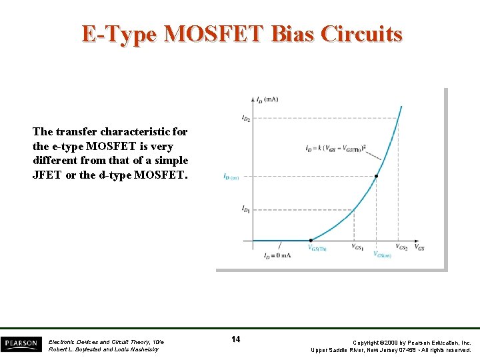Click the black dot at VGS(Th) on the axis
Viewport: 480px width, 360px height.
pos(311,240)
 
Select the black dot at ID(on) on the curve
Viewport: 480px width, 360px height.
pos(376,176)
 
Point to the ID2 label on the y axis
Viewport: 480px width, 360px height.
pos(245,118)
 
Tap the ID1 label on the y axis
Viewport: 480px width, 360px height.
pos(245,209)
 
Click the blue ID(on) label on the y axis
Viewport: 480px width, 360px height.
pos(231,177)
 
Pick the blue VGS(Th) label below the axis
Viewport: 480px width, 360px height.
pos(317,248)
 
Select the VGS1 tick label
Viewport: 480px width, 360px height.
pos(358,247)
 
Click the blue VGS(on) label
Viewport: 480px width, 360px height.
pos(382,254)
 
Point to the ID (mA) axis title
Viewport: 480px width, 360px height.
pos(267,99)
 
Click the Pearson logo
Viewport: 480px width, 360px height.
pos(21,343)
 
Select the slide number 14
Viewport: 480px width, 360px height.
pos(235,339)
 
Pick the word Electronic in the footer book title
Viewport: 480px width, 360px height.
pos(64,341)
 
